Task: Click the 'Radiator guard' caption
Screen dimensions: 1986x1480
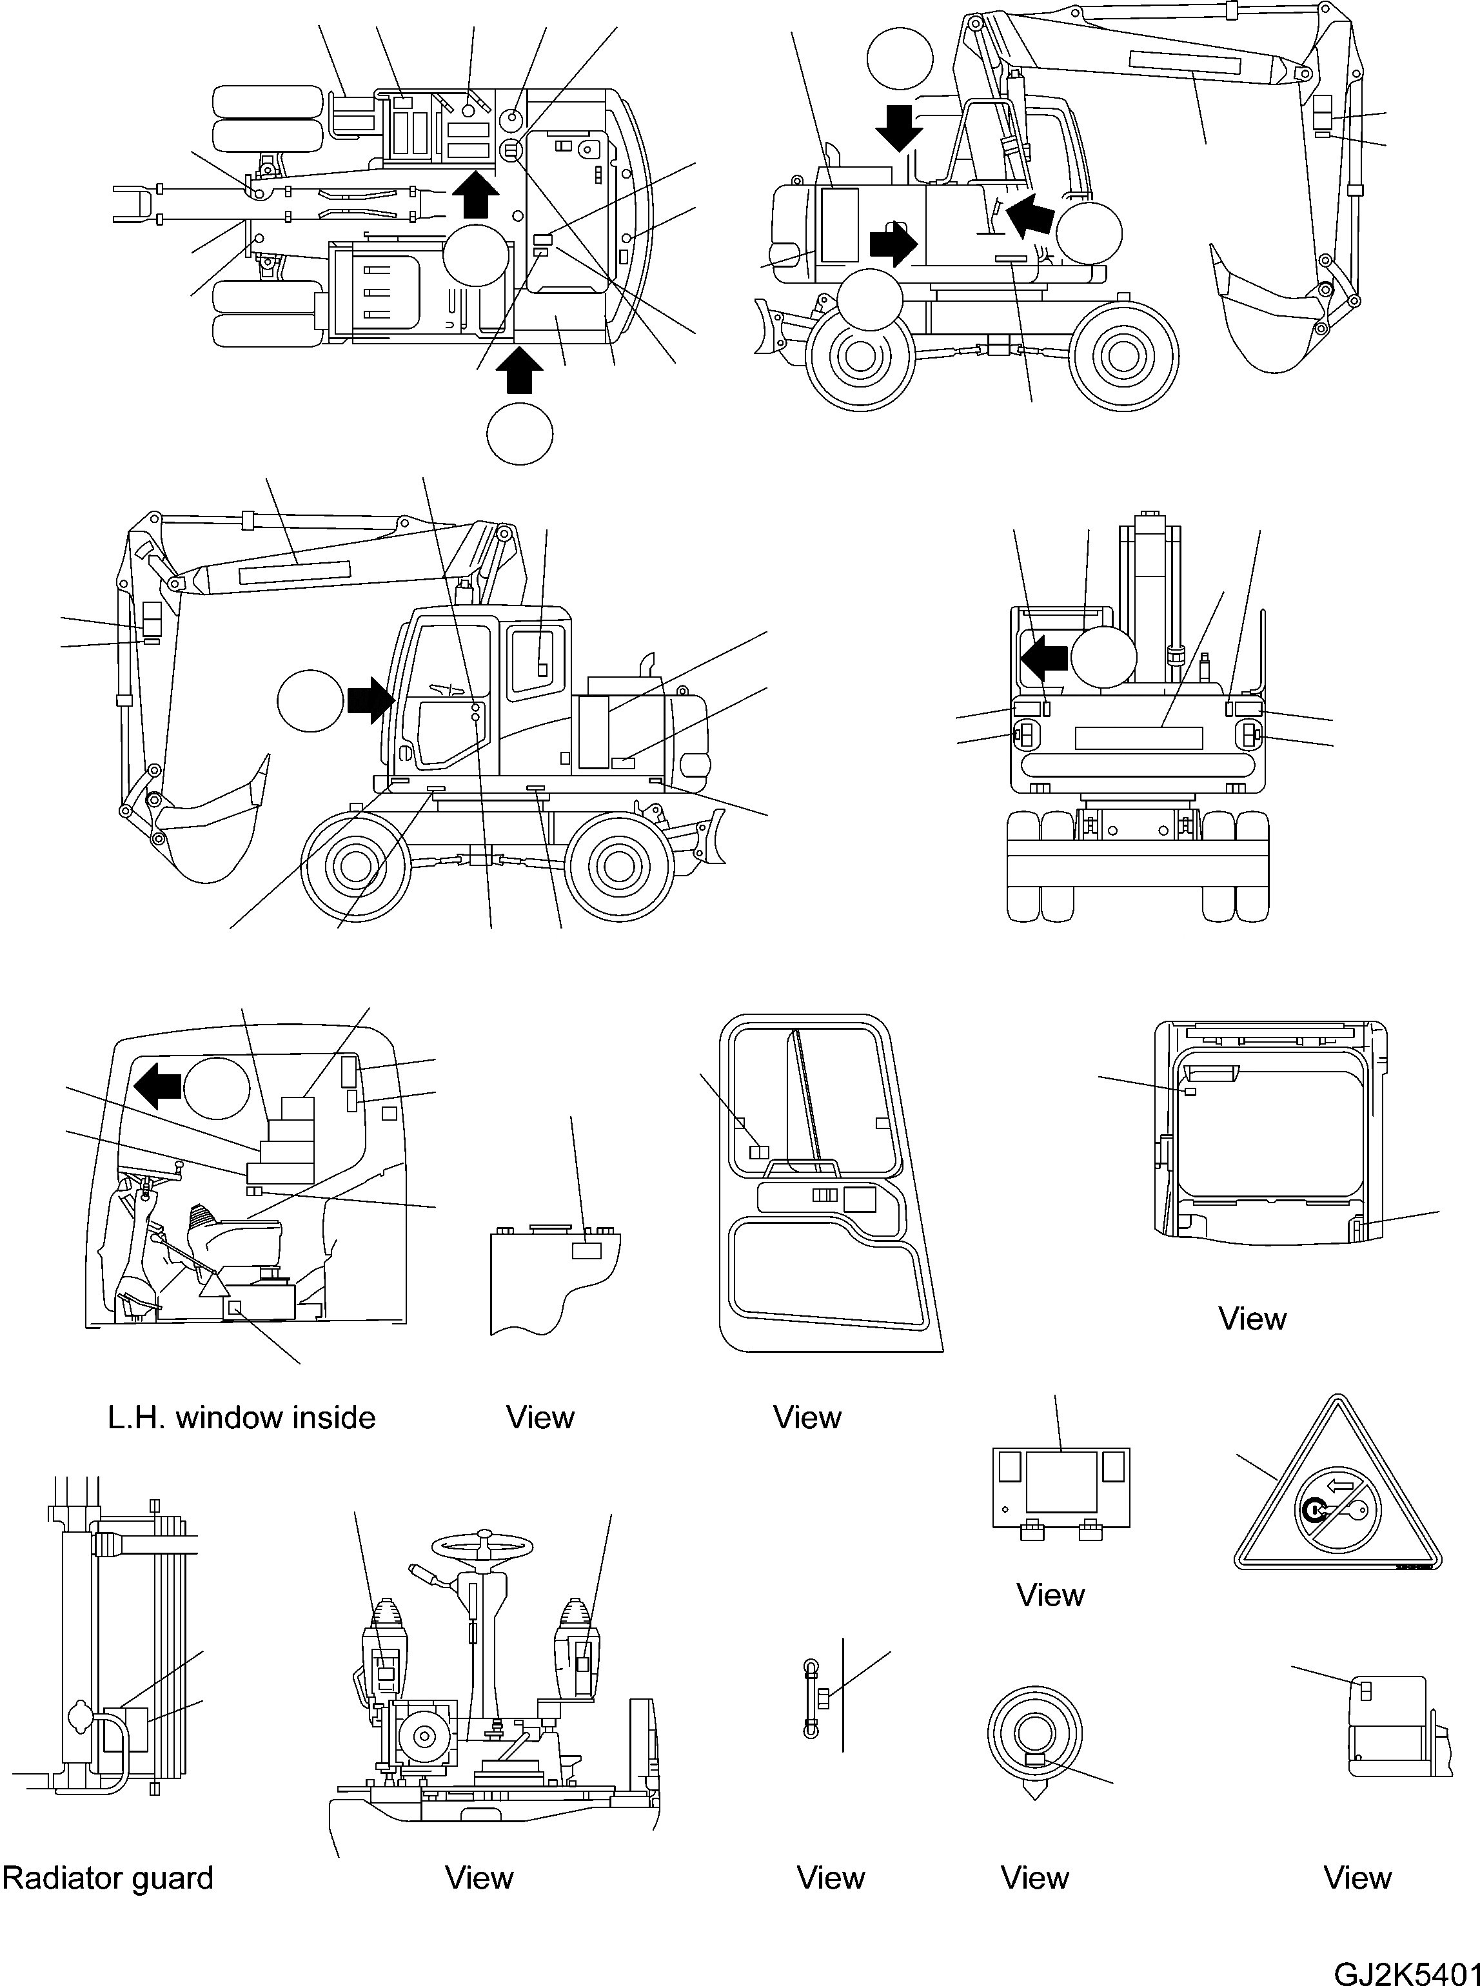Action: click(108, 1878)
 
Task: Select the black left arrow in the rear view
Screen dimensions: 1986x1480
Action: click(1043, 658)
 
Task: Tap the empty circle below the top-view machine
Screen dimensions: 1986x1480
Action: click(520, 433)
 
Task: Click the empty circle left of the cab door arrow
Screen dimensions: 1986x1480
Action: click(310, 700)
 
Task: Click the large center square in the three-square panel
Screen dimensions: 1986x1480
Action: click(1061, 1482)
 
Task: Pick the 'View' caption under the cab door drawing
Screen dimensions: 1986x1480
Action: click(806, 1417)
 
